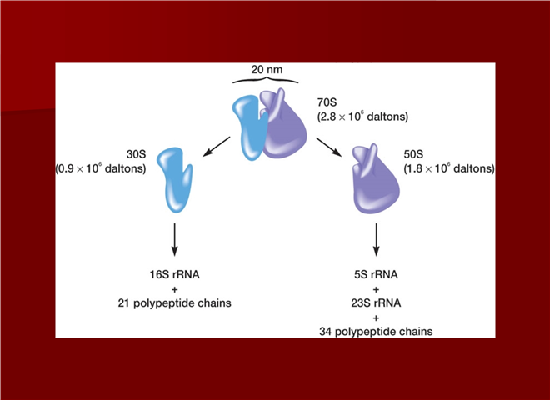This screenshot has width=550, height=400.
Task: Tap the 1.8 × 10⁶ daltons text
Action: click(447, 168)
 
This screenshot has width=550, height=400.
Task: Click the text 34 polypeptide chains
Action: click(377, 332)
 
